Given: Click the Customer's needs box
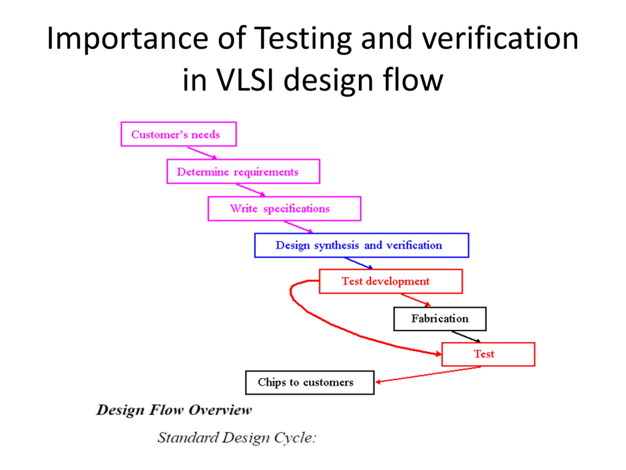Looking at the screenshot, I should point(179,134).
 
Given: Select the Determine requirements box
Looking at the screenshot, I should point(243,171).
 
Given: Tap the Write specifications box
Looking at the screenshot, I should point(284,209).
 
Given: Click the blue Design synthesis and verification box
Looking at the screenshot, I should point(361,245).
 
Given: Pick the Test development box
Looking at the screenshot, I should point(391,281).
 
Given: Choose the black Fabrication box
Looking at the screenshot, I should point(440,319).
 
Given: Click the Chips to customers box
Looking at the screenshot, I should point(310,382).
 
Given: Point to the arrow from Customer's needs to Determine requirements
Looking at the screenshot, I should point(202,153).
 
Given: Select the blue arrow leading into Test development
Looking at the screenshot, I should point(358,263).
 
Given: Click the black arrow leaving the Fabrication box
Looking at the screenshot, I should point(466,337).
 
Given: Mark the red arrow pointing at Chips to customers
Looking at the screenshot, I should point(427,375).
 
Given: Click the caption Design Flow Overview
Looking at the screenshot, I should point(174,410).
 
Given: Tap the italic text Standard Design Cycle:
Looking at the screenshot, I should point(237,437).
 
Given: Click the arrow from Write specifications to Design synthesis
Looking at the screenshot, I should point(299,227).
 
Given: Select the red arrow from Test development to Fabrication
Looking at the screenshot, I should point(415,300).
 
